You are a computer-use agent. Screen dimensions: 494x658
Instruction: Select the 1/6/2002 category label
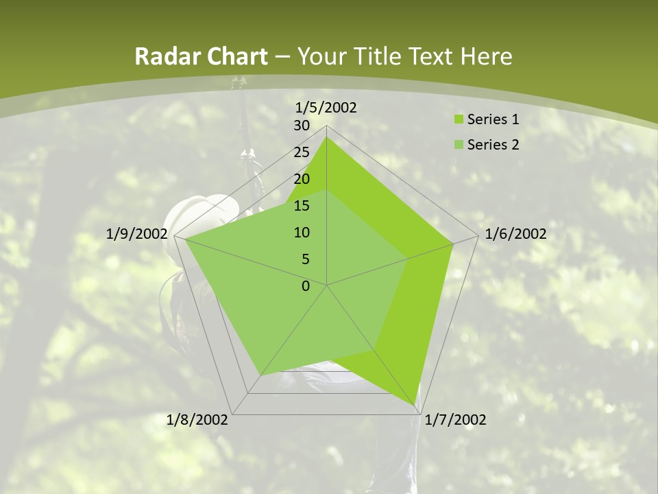coord(515,234)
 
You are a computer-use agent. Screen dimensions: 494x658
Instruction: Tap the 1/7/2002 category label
coord(455,420)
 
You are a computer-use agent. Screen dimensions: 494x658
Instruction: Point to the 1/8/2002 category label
coord(197,420)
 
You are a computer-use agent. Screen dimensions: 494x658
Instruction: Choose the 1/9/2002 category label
coord(137,234)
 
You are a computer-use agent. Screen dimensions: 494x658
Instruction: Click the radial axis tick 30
coord(302,126)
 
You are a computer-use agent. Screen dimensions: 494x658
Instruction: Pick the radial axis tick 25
coord(302,152)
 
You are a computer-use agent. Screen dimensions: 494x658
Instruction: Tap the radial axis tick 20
coord(302,179)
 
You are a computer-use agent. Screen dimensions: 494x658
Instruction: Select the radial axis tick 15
coord(302,206)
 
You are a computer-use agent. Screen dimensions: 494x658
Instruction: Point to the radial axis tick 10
coord(302,233)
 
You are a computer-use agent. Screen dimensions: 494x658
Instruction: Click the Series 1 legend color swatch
coord(459,120)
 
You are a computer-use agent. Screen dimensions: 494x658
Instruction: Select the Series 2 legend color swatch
coord(459,145)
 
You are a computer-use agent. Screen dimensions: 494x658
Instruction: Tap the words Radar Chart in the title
coord(201,57)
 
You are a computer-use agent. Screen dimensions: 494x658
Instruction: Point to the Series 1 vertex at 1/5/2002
coord(326,137)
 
